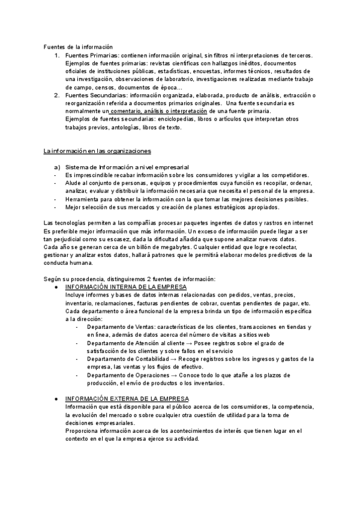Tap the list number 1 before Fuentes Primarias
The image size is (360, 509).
56,55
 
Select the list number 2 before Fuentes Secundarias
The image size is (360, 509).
56,95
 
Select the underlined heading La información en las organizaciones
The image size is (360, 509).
97,151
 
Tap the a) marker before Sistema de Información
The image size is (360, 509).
57,166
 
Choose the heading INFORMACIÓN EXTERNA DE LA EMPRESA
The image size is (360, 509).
127,398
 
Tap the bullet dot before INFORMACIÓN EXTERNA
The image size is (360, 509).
56,399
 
